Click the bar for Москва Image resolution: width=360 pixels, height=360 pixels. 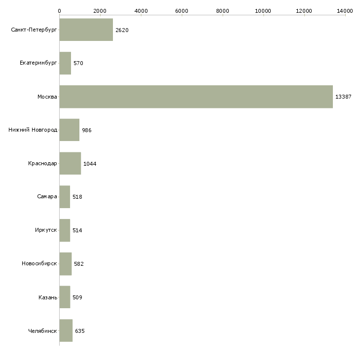(196, 97)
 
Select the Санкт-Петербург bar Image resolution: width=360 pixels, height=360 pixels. (86, 30)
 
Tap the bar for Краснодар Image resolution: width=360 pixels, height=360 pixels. (70, 163)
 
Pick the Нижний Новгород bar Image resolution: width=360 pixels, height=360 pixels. (69, 130)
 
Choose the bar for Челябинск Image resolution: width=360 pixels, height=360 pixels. (66, 330)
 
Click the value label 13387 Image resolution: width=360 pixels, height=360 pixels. (343, 97)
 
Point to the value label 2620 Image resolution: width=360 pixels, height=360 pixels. (122, 30)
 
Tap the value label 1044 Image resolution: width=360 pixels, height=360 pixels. (90, 164)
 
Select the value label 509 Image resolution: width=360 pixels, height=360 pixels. (77, 297)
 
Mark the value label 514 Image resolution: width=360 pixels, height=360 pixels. (77, 230)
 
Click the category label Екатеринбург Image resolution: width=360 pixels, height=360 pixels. (38, 63)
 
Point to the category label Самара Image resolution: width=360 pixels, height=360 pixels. (47, 197)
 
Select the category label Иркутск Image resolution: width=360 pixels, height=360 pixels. (45, 230)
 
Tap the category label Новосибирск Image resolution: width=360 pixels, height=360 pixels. (39, 264)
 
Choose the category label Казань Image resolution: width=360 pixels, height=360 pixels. (47, 297)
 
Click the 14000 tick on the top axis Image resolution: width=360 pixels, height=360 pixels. (345, 10)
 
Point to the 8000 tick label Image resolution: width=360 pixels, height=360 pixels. (222, 10)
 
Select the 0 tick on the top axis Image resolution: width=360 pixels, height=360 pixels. (59, 10)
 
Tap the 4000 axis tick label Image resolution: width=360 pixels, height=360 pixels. (141, 10)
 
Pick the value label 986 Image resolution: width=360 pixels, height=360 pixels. (87, 130)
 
